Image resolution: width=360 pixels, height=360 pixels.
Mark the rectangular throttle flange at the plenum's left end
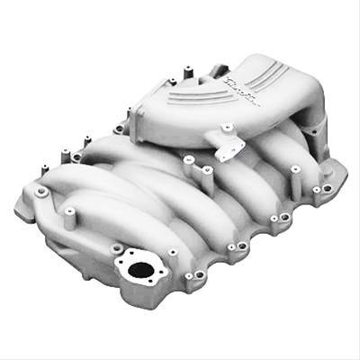(x=144, y=126)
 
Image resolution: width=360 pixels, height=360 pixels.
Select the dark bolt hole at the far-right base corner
(x=327, y=188)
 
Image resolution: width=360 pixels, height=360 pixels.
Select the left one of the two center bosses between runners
(x=189, y=163)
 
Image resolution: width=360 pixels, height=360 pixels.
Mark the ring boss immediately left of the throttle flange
(x=119, y=129)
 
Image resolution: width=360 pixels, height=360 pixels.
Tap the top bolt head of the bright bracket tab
(x=228, y=129)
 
